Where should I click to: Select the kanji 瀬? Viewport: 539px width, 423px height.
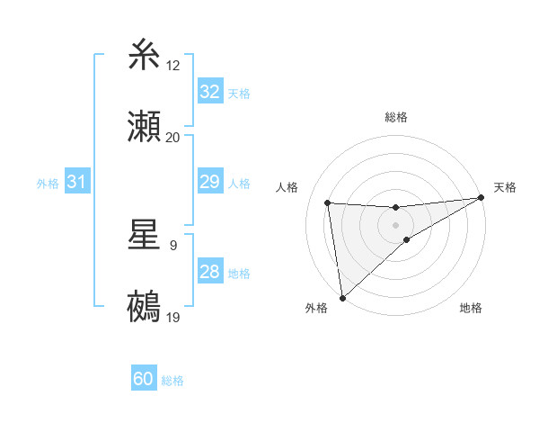(145, 128)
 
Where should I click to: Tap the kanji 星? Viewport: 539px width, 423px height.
(145, 236)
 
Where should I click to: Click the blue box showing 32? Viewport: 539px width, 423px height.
(209, 92)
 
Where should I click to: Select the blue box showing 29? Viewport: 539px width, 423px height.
(209, 183)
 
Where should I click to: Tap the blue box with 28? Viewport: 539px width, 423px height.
(209, 273)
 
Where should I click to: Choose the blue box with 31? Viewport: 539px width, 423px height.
(77, 183)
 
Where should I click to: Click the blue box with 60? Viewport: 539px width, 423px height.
(144, 380)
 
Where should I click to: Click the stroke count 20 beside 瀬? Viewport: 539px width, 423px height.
(173, 137)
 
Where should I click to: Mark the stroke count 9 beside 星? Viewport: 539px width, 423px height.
(172, 245)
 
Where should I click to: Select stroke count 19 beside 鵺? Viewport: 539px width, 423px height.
(173, 317)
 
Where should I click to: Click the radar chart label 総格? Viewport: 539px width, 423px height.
(396, 117)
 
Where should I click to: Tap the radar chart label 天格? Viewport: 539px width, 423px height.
(505, 187)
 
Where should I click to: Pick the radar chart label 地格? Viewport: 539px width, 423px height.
(471, 308)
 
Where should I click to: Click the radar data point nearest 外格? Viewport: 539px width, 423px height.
(342, 297)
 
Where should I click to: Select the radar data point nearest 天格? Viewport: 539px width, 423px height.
(482, 197)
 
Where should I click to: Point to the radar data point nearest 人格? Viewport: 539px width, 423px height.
(328, 202)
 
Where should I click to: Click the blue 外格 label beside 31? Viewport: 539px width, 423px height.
(48, 184)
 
